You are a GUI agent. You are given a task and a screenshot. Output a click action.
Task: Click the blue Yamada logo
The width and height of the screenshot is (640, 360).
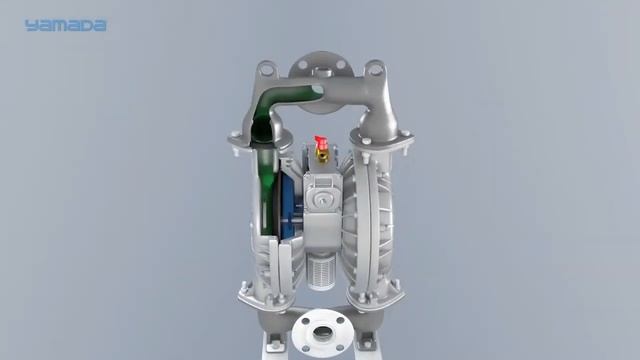tap(65, 26)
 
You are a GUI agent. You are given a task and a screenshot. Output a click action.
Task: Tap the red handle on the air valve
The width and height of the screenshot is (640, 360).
tap(320, 142)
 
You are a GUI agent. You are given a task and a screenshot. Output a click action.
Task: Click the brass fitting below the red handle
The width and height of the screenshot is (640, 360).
tap(322, 157)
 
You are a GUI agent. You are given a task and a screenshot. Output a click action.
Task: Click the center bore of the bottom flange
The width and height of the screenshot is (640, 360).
tap(322, 333)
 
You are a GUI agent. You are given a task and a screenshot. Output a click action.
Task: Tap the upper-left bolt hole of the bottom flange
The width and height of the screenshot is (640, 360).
tap(304, 321)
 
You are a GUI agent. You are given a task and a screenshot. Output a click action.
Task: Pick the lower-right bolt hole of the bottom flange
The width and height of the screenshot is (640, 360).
tap(340, 348)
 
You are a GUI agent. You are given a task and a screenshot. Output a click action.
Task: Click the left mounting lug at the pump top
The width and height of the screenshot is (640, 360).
tap(266, 69)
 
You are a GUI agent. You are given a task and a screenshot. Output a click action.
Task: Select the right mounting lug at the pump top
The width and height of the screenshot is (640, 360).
tap(375, 69)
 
